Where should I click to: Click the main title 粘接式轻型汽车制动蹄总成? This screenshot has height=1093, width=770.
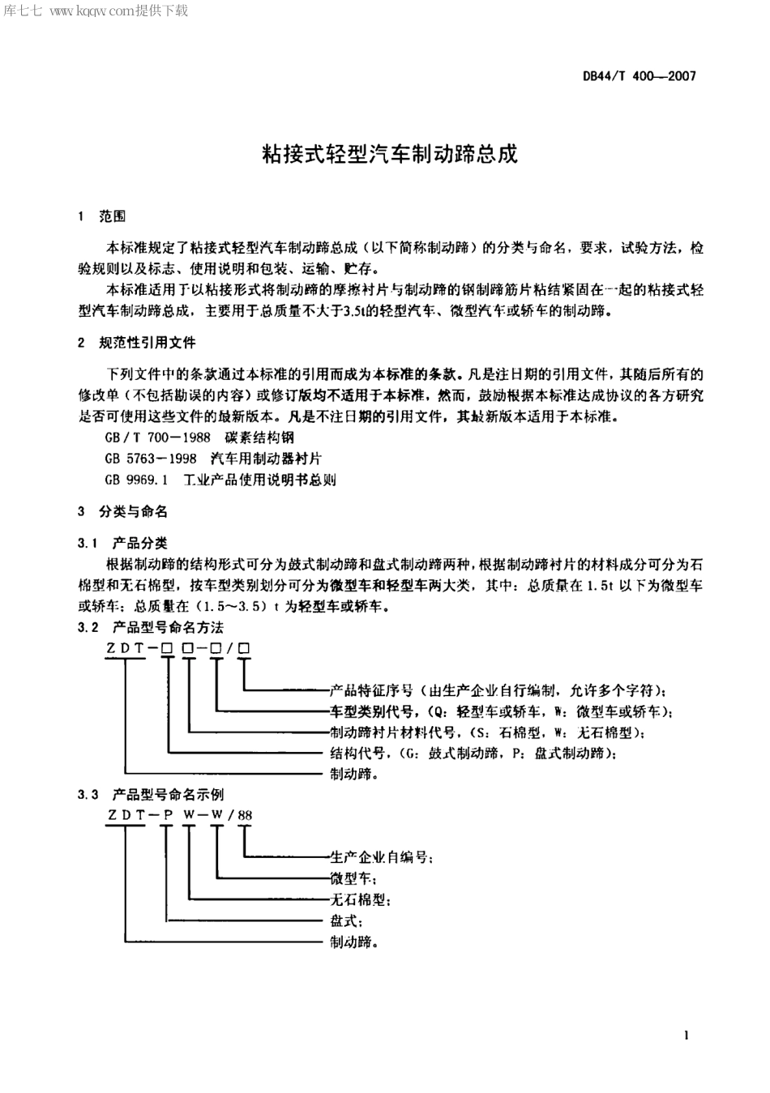[x=389, y=153]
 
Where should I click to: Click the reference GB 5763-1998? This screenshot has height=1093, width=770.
[x=151, y=459]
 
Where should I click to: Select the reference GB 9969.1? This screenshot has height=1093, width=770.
[x=136, y=480]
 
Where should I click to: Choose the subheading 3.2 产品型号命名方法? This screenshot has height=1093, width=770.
[x=150, y=627]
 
